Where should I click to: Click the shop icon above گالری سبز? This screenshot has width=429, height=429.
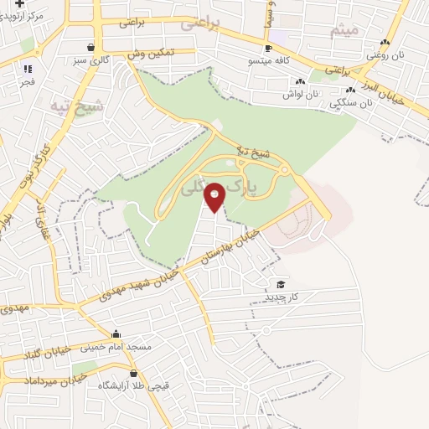(x=90, y=47)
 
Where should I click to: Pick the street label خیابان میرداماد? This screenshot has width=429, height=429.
(x=34, y=381)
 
